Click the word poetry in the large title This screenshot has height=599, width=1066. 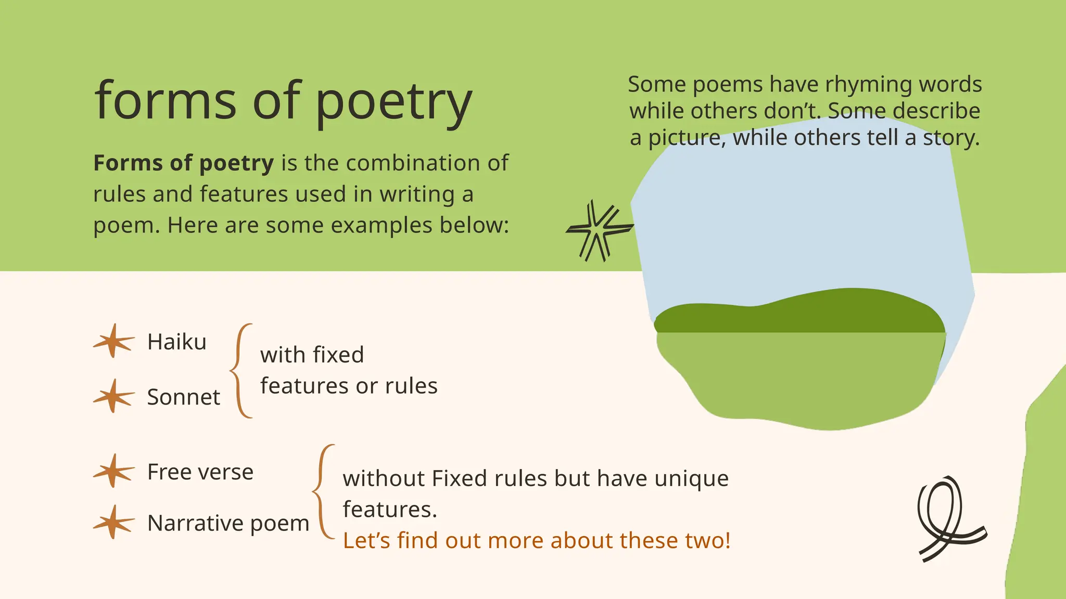point(394,102)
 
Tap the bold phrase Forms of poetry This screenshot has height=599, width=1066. point(183,163)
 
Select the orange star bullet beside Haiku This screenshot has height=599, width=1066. point(113,341)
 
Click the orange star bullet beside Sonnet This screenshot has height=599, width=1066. point(113,396)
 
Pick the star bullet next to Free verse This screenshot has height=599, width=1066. point(113,471)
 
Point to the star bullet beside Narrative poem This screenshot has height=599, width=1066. point(113,522)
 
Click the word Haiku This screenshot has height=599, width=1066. point(177,342)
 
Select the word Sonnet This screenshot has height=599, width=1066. point(183,397)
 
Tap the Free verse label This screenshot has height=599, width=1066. point(200,472)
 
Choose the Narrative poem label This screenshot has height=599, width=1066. point(228,523)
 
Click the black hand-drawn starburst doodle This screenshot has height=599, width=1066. point(599,230)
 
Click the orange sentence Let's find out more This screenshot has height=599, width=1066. point(536,541)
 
